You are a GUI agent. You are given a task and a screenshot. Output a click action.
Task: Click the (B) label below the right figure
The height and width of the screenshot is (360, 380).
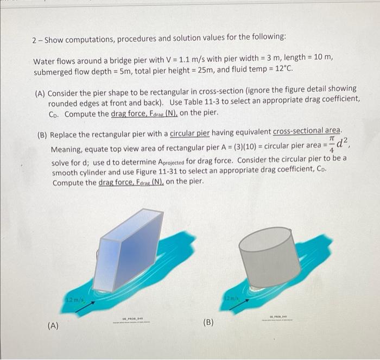[x=208, y=321]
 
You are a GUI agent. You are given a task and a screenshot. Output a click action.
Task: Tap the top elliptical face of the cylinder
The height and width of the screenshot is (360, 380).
[x=265, y=239]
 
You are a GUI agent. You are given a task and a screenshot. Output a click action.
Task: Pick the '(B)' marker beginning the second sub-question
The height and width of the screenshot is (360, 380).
[x=42, y=132]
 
